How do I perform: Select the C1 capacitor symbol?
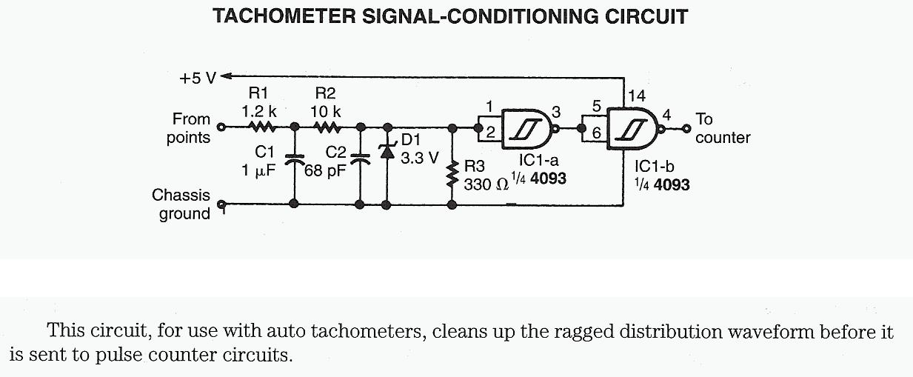coord(295,159)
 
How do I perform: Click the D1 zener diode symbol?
coord(386,151)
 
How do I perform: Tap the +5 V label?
coord(195,76)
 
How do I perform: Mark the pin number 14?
coord(637,95)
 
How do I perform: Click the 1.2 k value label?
coord(258,110)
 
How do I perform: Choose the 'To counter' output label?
coord(722,128)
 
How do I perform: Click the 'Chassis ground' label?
coord(181,204)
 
